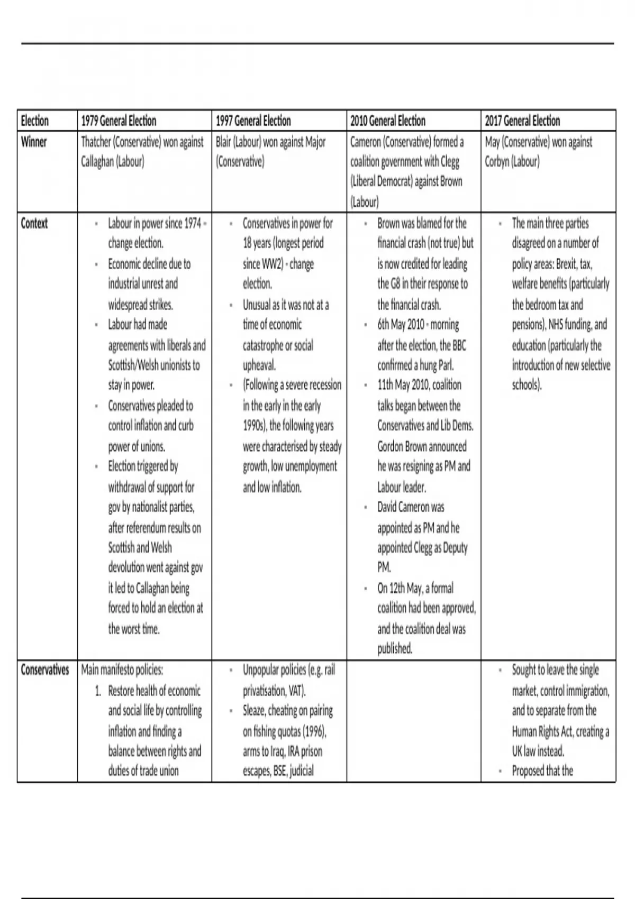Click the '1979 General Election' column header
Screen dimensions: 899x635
(119, 121)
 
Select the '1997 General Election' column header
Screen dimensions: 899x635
(253, 121)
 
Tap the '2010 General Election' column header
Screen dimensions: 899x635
(387, 121)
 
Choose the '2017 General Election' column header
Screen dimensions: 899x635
(522, 121)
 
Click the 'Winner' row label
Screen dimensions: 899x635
(34, 142)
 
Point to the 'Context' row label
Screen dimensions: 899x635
(34, 223)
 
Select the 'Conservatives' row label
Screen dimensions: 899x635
(45, 670)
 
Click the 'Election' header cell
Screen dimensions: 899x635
(35, 121)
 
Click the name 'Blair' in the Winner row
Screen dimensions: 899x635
(223, 142)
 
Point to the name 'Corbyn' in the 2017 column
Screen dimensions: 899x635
(497, 162)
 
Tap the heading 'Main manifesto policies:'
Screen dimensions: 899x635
(122, 670)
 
